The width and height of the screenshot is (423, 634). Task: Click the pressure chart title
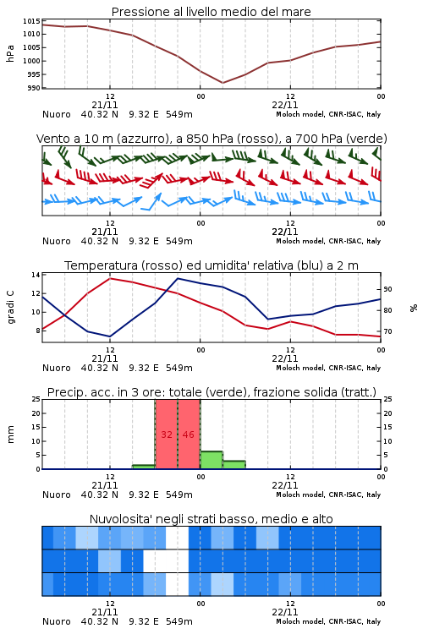(211, 12)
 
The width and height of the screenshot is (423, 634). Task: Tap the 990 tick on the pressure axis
(34, 88)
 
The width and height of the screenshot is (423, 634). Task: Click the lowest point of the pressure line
(222, 83)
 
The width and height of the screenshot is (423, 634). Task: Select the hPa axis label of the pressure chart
(10, 53)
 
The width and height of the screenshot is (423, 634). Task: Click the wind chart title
(211, 139)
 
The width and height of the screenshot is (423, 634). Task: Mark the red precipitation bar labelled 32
(167, 435)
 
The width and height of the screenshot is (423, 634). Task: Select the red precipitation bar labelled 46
(189, 435)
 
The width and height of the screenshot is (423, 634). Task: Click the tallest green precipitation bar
(211, 460)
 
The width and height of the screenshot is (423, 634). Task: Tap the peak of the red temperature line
(110, 278)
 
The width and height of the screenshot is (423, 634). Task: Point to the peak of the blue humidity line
(178, 278)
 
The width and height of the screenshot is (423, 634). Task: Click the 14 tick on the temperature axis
(36, 275)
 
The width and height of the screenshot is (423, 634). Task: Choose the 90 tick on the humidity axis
(387, 289)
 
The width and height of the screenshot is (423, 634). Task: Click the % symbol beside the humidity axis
(414, 308)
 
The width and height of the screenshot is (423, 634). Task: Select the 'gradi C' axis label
(10, 307)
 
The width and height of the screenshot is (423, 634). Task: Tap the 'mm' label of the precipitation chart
(10, 435)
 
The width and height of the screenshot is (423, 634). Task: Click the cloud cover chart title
(211, 519)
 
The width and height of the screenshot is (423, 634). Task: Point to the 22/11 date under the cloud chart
(285, 612)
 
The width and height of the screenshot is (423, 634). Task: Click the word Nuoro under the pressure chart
(57, 114)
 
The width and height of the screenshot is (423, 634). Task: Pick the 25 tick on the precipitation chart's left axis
(36, 400)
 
